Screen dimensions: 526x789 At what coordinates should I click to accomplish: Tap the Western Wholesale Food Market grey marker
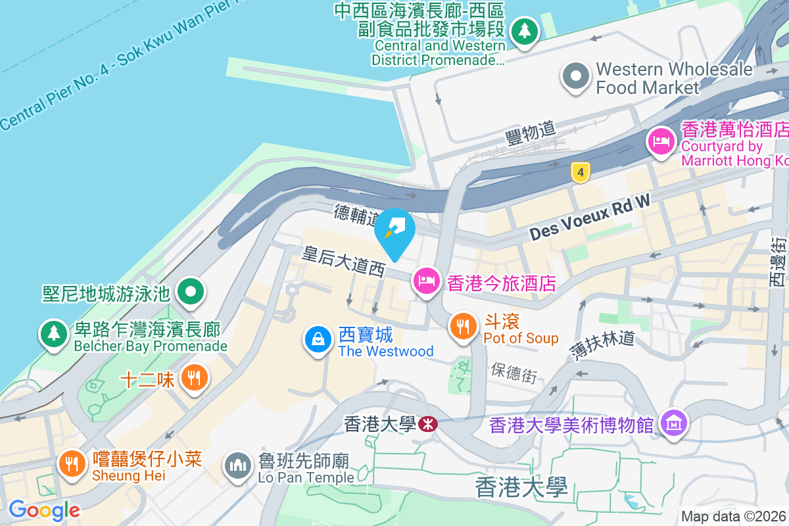pyautogui.click(x=576, y=76)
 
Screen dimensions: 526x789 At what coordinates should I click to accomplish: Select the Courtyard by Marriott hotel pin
pyautogui.click(x=661, y=141)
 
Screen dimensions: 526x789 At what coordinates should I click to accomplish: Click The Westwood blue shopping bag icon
pyautogui.click(x=318, y=339)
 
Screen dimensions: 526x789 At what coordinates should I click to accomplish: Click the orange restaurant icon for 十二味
pyautogui.click(x=193, y=378)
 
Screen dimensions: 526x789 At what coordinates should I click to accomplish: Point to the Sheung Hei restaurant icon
pyautogui.click(x=72, y=464)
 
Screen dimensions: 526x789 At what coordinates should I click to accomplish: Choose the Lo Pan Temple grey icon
pyautogui.click(x=237, y=466)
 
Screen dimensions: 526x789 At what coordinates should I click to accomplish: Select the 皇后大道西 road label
pyautogui.click(x=343, y=261)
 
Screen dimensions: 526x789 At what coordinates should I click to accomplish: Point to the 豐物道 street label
pyautogui.click(x=531, y=133)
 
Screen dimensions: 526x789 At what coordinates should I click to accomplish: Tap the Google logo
pyautogui.click(x=44, y=510)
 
